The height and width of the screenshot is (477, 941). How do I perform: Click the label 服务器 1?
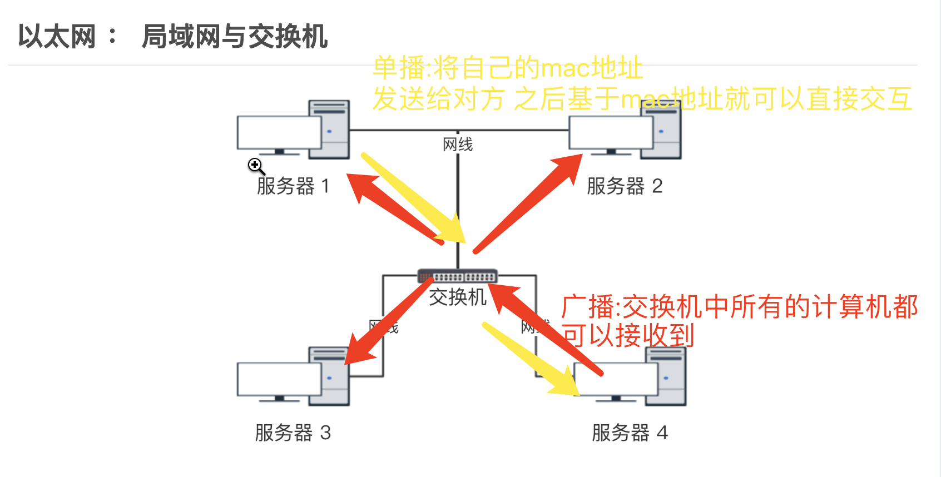pos(293,186)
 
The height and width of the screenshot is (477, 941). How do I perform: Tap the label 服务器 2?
pos(624,186)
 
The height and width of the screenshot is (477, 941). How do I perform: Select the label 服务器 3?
pos(293,433)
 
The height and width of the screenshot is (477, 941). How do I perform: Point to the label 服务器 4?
pos(629,433)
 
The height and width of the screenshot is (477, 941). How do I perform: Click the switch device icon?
pos(457,276)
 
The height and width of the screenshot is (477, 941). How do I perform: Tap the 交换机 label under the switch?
pos(457,297)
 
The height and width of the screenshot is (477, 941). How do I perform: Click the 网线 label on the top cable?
pos(458,145)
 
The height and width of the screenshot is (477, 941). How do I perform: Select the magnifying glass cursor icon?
pos(255,165)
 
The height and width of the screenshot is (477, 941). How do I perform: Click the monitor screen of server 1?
pos(278,132)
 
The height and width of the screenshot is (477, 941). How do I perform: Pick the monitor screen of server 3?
pos(278,379)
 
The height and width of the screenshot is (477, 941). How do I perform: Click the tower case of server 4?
pos(670,378)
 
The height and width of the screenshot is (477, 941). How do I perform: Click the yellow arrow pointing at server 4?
pos(528,359)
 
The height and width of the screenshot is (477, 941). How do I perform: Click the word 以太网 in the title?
pos(57,37)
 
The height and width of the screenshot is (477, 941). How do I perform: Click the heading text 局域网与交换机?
pos(235,37)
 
